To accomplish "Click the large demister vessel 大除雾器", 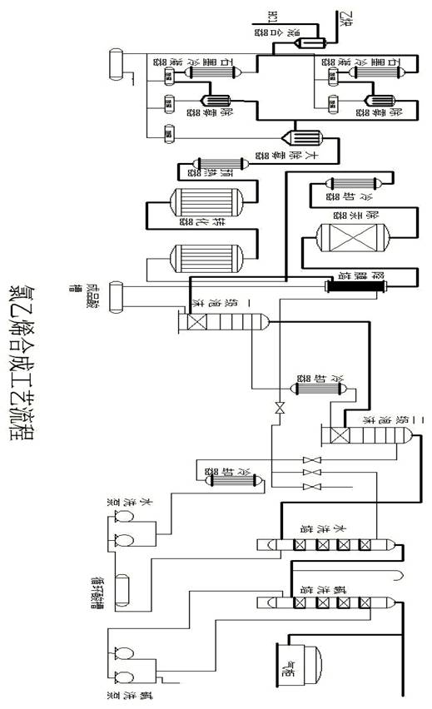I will (x=295, y=138).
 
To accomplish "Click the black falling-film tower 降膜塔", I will (x=357, y=285).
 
